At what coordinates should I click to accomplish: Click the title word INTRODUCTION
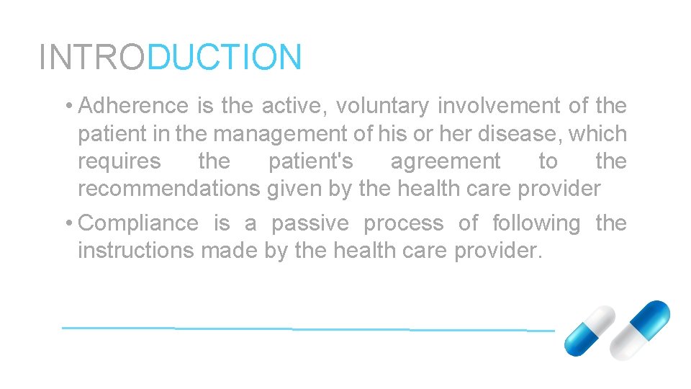pos(171,57)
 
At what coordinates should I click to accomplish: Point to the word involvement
pos(499,106)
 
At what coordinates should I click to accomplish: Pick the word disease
pos(518,134)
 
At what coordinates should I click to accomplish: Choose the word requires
pos(119,161)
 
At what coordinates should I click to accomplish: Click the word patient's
pos(311,161)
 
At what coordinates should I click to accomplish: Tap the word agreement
pos(446,161)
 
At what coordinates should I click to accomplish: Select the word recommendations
pos(169,189)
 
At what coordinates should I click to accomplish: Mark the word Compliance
pos(138,223)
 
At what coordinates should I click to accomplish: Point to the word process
pos(403,223)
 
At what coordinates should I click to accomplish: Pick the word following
pos(536,223)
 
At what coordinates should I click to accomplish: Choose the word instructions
pos(135,251)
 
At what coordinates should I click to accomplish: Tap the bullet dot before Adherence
pos(67,107)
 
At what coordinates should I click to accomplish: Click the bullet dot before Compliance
pos(67,224)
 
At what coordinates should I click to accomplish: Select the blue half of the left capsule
pos(579,341)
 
